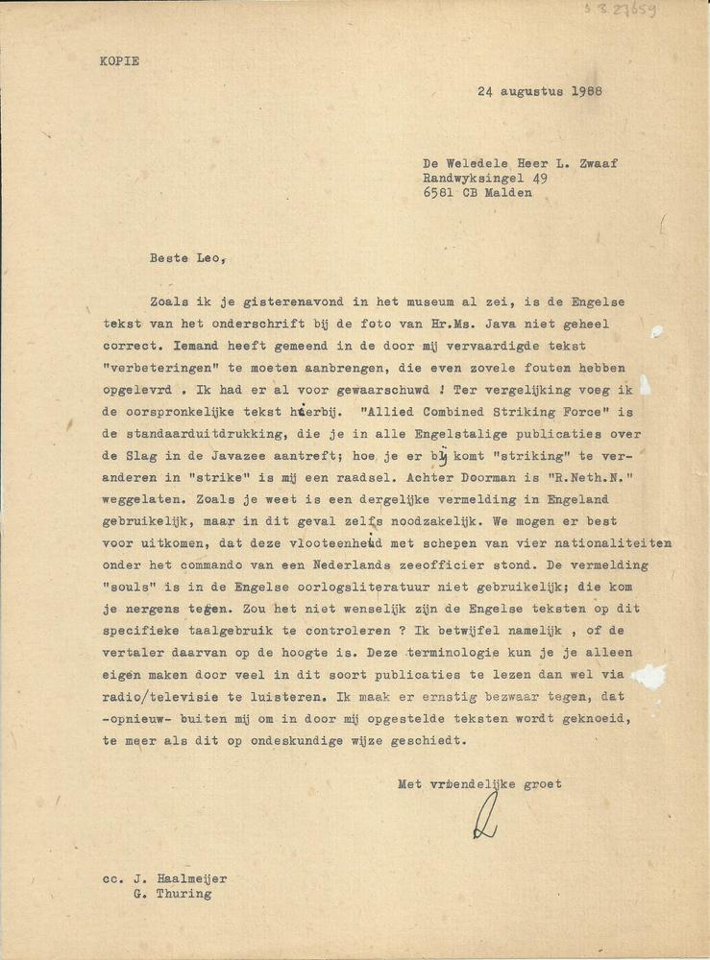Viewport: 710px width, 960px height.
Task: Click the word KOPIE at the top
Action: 119,60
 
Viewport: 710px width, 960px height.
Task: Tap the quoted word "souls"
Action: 130,586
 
